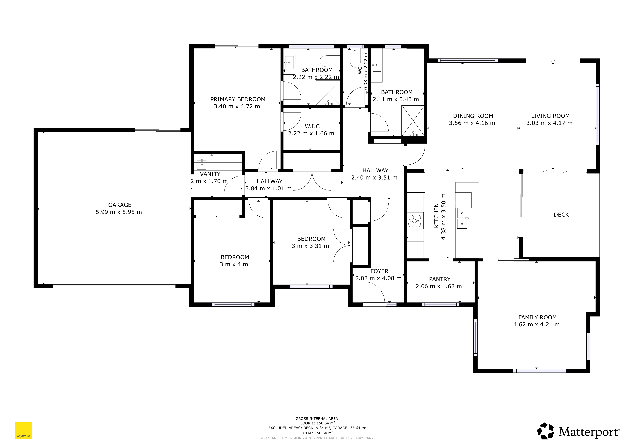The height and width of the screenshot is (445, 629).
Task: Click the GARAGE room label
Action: [120, 205]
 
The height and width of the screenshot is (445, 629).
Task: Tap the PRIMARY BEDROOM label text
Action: [238, 99]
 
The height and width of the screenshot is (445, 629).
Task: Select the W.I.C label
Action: [312, 126]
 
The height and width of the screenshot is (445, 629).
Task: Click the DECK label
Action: [561, 215]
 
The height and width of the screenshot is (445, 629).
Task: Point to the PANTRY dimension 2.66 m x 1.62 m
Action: [439, 286]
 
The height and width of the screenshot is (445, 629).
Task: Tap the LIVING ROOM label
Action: [550, 116]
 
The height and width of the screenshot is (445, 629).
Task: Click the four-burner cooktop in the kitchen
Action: [414, 221]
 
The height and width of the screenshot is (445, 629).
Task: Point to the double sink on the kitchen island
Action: [462, 218]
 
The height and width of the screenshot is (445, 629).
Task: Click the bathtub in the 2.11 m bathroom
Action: [415, 68]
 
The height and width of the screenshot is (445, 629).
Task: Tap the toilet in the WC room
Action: [355, 58]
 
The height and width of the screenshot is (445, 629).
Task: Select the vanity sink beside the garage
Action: [202, 164]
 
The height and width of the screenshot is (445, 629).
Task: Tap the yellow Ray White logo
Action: [23, 431]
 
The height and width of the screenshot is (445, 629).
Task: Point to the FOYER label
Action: [379, 271]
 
